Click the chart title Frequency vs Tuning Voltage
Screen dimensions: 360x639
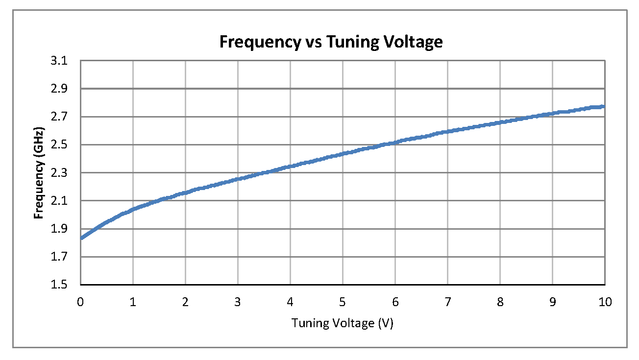coord(331,42)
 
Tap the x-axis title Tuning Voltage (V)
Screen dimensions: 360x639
coord(343,323)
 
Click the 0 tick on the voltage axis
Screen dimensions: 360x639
coord(80,302)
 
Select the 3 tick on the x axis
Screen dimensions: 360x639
coord(238,302)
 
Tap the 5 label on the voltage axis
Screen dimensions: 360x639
coord(343,302)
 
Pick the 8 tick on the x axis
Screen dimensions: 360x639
coord(500,302)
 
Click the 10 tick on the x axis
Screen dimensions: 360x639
coord(605,302)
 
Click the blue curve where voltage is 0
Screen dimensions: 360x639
coord(81,238)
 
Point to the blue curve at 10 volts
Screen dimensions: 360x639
coord(604,106)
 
